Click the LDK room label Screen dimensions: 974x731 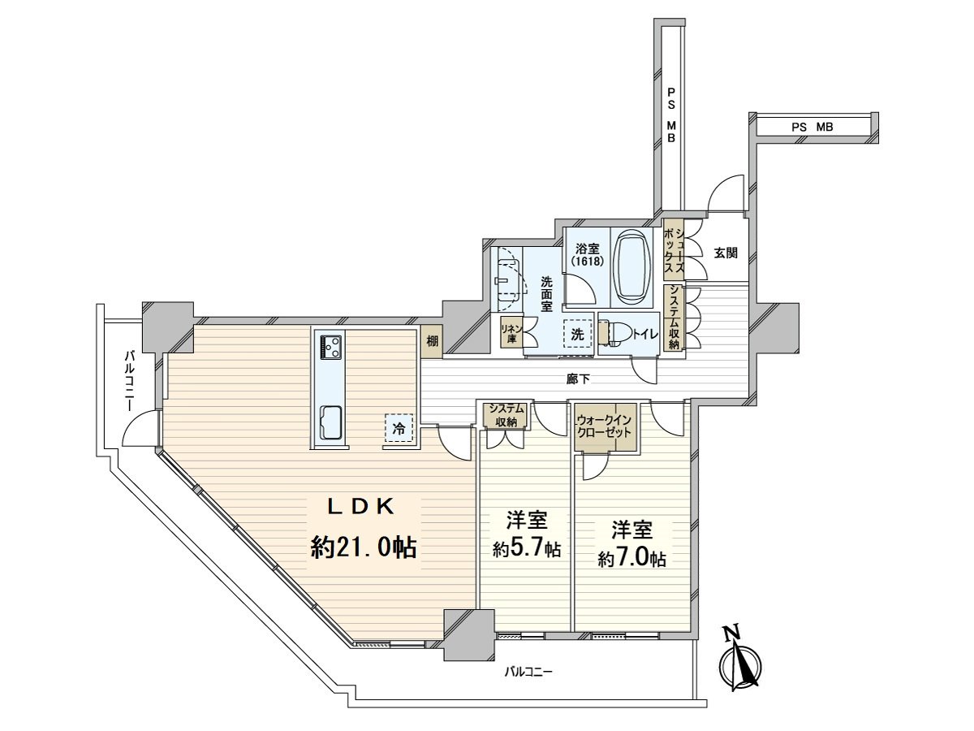coord(360,507)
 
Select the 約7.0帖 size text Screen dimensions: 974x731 coord(631,559)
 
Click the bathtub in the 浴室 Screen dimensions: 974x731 coord(631,267)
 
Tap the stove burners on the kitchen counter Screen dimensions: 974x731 coord(331,347)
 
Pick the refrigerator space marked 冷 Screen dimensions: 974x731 coord(399,428)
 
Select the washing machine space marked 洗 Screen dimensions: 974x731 coord(578,334)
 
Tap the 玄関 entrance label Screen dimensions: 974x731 coord(726,253)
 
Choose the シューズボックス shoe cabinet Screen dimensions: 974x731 coord(673,250)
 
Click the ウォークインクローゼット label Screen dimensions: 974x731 coord(605,426)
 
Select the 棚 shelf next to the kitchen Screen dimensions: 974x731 coord(432,342)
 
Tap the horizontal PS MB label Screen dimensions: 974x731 coord(812,128)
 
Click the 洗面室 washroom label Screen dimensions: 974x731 coord(546,294)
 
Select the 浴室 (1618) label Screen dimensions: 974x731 coord(587,255)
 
